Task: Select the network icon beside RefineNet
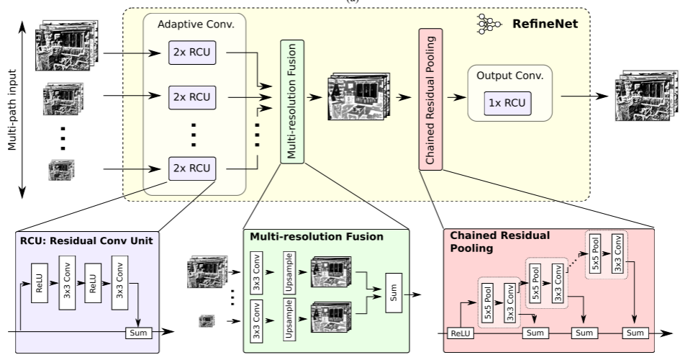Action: pyautogui.click(x=489, y=24)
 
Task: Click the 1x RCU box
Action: pyautogui.click(x=504, y=103)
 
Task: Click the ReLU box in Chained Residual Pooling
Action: pyautogui.click(x=458, y=333)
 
